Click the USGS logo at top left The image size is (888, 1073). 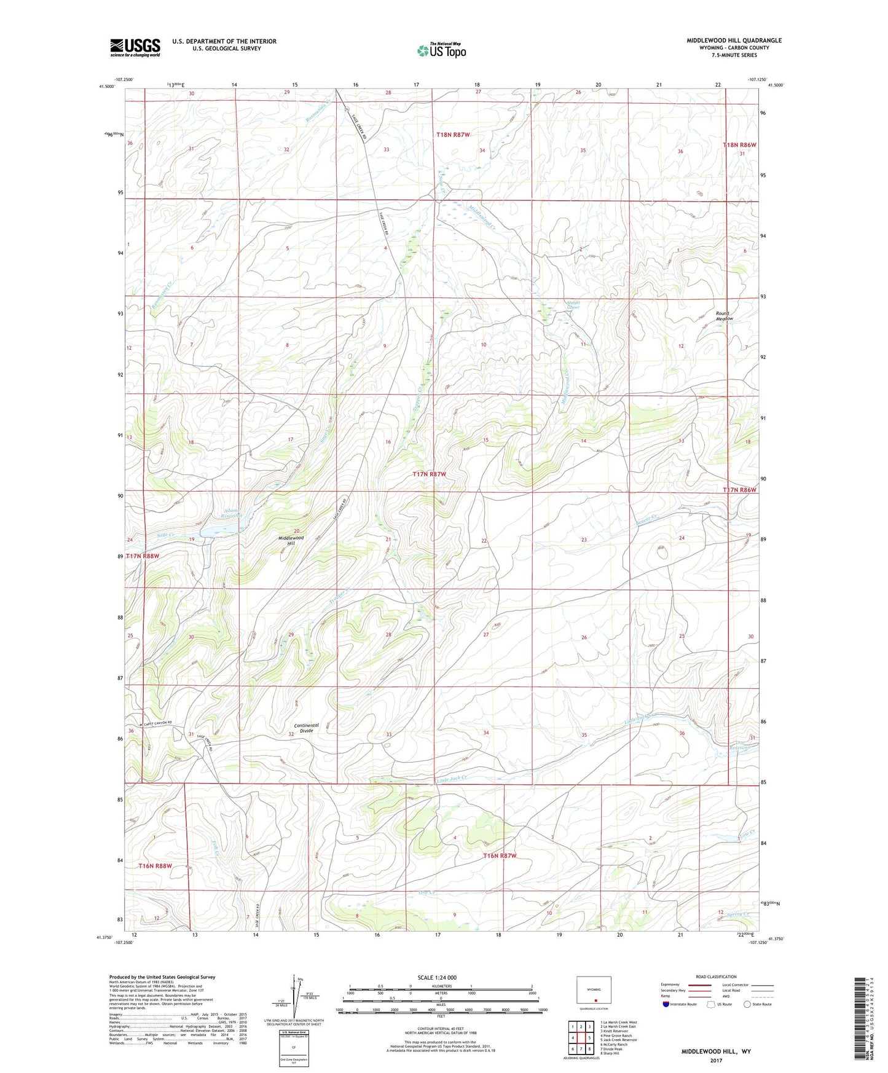point(135,47)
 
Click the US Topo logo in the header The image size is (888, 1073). point(441,50)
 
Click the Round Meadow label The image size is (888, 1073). point(724,316)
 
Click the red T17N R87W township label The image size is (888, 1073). point(437,474)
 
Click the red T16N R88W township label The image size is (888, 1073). point(154,866)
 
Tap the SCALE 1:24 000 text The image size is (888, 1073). point(436,977)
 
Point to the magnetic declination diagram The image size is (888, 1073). point(297,999)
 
